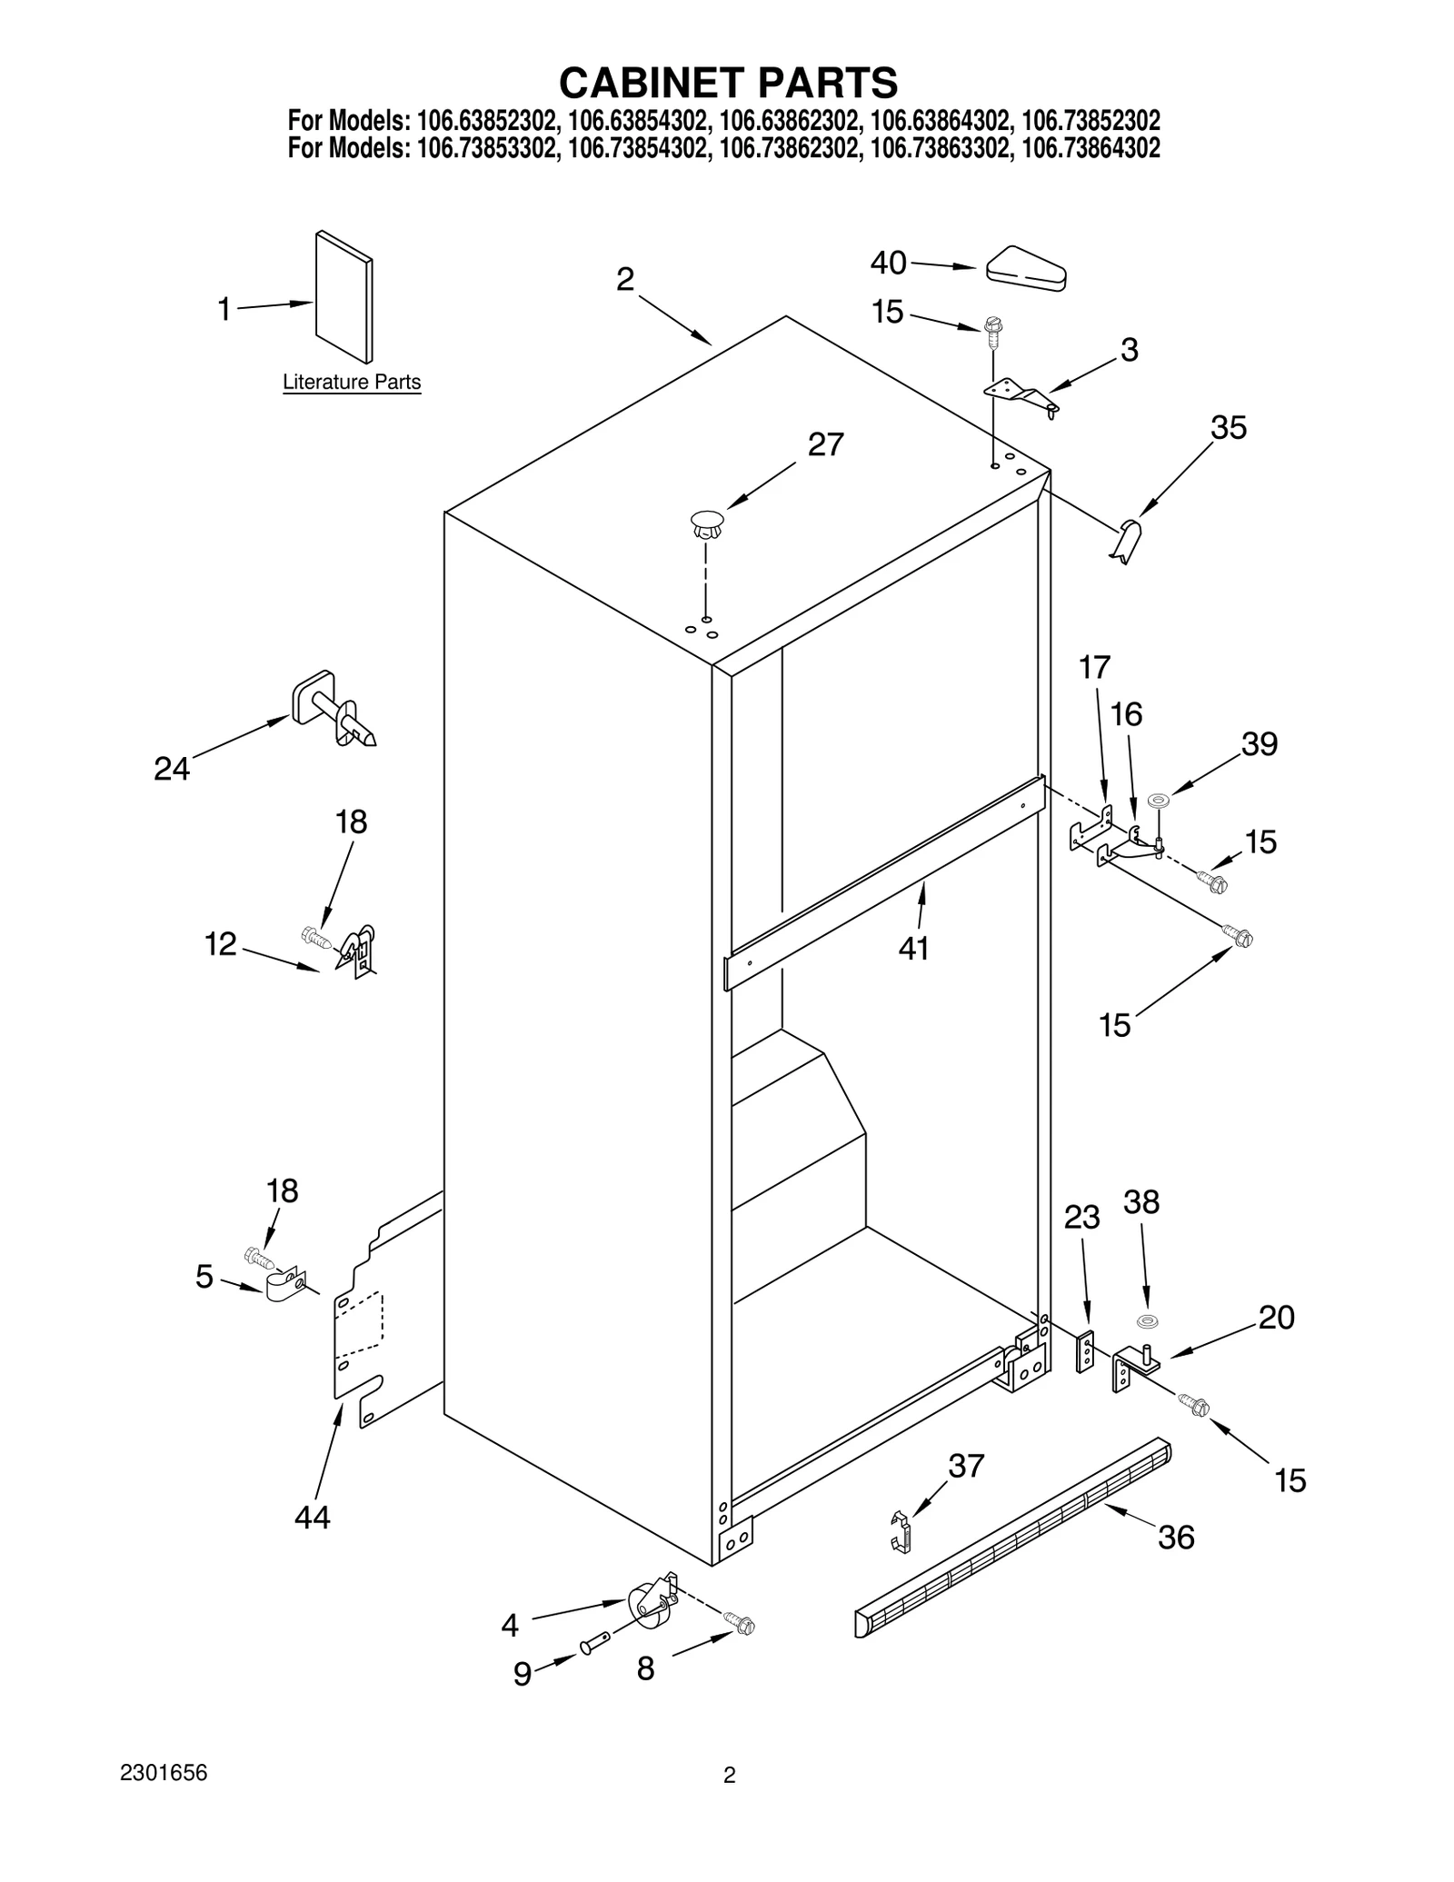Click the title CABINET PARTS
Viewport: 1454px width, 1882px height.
click(727, 83)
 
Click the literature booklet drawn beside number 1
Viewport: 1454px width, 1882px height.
click(344, 297)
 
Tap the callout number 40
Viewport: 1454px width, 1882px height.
click(888, 263)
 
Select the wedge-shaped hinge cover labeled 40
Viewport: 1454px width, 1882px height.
click(1026, 270)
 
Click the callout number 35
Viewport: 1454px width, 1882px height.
click(1229, 427)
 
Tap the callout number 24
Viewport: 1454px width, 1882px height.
click(171, 769)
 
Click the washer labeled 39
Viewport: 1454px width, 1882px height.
click(1158, 801)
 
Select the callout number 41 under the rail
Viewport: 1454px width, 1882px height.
click(913, 948)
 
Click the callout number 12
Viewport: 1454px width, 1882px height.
click(220, 944)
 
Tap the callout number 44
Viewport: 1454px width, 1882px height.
click(312, 1517)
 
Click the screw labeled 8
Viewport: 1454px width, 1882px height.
click(740, 1622)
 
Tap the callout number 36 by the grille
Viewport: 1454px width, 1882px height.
click(1175, 1538)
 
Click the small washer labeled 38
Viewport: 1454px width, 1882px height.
click(1147, 1320)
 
